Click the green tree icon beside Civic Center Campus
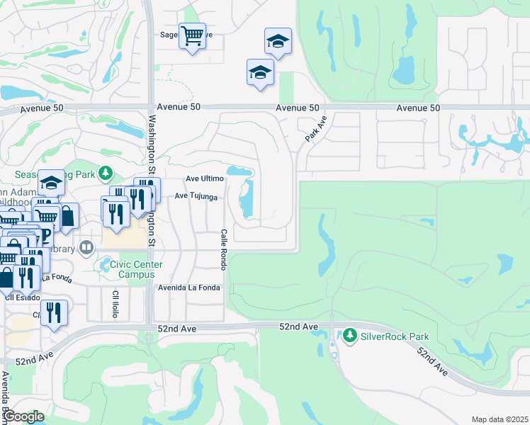coord(103,265)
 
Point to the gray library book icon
coord(86,247)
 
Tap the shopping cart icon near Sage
coord(192,35)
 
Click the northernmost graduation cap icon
coord(278,41)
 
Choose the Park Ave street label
coord(316,128)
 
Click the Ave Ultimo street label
coord(204,179)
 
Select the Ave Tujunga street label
coord(196,196)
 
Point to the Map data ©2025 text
coord(499,419)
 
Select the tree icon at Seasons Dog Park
coord(106,172)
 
